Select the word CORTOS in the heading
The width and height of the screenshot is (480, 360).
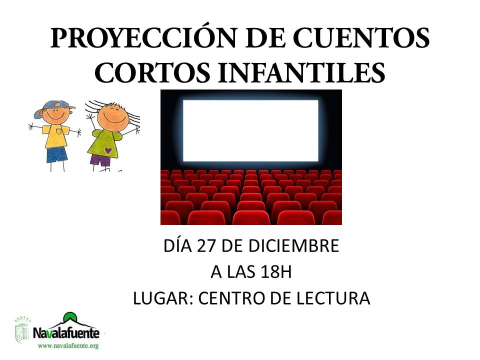point(152,72)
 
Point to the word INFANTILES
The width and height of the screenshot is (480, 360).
point(301,72)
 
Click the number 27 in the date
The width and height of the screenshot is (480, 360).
point(206,246)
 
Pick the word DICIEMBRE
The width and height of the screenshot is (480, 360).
point(293,246)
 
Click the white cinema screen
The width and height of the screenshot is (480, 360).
point(250,130)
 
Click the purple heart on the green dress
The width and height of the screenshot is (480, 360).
point(108,150)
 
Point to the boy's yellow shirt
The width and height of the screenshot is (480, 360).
point(55,136)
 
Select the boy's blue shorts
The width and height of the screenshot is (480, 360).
point(56,155)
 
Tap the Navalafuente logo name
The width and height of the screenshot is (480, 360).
point(66,333)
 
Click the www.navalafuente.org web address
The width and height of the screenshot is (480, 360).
point(68,346)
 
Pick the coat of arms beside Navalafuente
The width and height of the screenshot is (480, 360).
point(22,330)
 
